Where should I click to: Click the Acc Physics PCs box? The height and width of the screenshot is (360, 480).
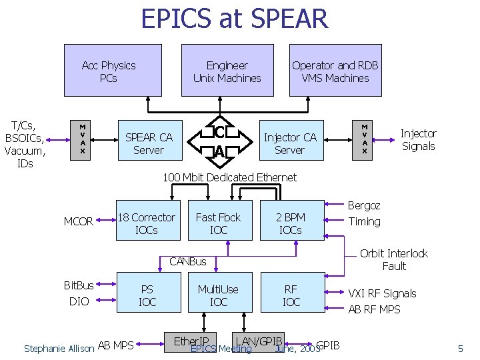113,70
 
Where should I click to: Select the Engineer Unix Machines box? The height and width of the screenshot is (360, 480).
227,70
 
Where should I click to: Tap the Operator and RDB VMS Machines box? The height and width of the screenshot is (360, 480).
335,70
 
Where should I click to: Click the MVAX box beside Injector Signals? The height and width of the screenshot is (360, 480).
365,140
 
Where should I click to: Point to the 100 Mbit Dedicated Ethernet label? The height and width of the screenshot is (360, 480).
230,177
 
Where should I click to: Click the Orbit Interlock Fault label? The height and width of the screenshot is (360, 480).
394,259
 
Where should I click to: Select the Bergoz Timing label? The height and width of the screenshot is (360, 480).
364,213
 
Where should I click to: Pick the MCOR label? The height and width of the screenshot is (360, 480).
78,221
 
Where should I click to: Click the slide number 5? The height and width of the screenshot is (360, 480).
460,348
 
